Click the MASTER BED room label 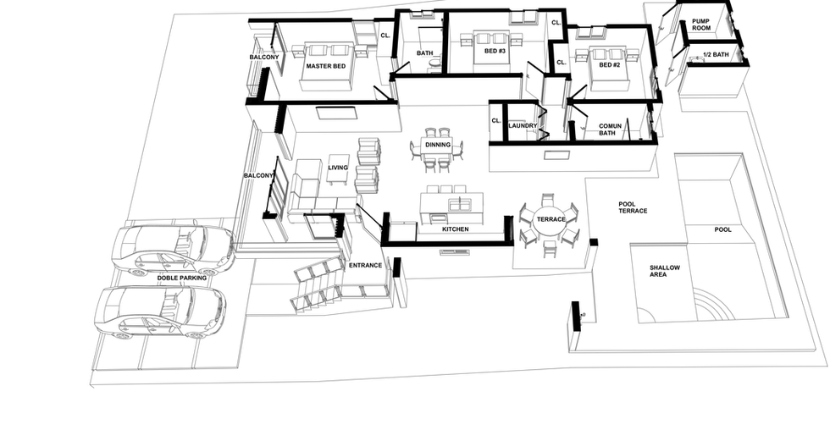325,66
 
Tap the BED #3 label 495,51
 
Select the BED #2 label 609,65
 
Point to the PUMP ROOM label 701,25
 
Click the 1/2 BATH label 716,54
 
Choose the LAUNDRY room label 523,126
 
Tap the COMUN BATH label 610,130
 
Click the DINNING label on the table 438,145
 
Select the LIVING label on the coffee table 338,168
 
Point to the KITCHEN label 456,229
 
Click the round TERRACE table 551,219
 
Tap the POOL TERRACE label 633,207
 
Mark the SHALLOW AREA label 665,271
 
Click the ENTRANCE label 365,266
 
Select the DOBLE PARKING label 181,278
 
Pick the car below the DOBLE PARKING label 160,312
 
